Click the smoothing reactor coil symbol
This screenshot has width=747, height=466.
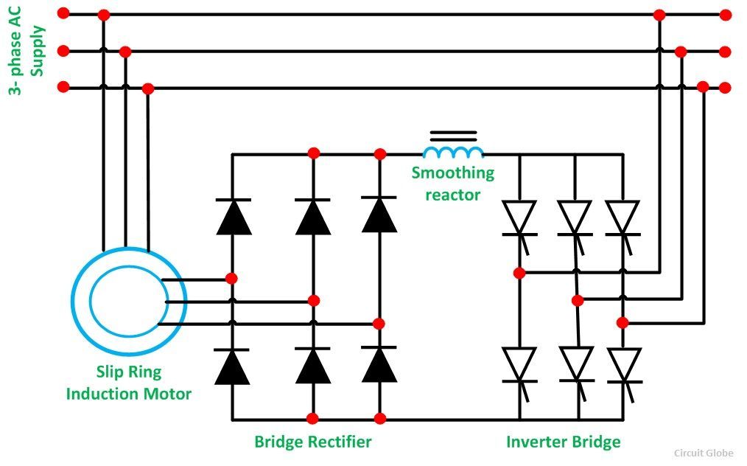453,151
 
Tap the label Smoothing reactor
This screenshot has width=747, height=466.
452,184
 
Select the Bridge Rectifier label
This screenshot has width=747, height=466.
313,442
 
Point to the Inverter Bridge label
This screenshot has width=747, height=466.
563,442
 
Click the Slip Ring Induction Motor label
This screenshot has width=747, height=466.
129,383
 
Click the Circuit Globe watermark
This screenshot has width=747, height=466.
704,453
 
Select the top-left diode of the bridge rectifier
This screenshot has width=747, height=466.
234,217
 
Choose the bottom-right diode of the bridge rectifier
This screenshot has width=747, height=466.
379,364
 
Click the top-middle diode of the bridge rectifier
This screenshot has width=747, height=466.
313,217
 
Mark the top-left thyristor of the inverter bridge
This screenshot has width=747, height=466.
519,218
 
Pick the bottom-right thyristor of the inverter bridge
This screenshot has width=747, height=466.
624,365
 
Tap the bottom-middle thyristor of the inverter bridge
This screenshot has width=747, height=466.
577,364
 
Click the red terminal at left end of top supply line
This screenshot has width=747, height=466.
63,13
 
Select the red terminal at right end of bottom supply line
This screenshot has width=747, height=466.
725,88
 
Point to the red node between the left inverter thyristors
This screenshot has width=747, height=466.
519,273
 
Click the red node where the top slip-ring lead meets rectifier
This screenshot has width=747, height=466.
231,279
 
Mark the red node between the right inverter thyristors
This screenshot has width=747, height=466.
622,322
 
